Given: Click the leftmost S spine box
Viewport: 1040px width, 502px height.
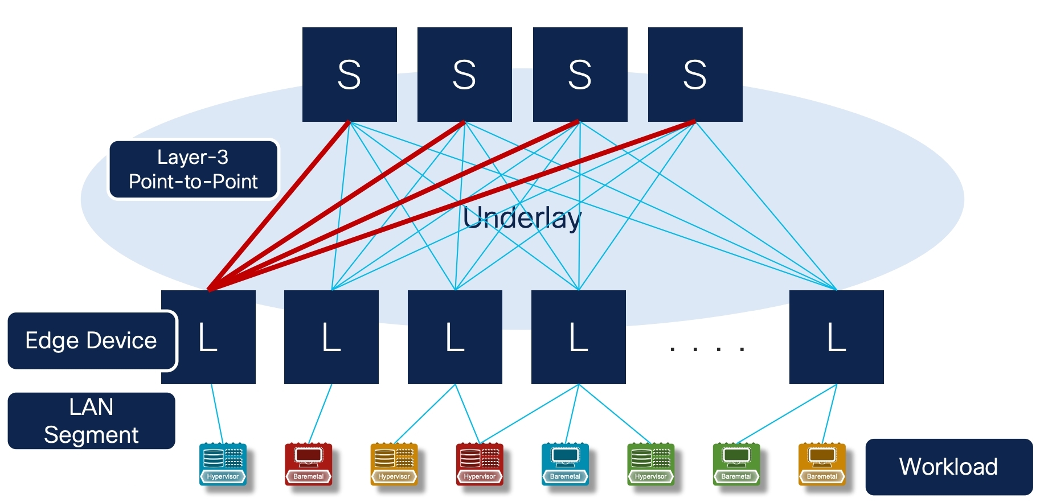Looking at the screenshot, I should pyautogui.click(x=349, y=74).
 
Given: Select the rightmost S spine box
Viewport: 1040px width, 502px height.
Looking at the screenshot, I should pyautogui.click(x=695, y=74).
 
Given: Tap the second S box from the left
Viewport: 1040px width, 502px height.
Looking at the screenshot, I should pyautogui.click(x=464, y=74).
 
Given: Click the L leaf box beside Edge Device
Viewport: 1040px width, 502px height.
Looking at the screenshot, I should pyautogui.click(x=208, y=337).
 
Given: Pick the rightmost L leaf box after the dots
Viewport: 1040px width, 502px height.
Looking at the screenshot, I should pyautogui.click(x=836, y=337).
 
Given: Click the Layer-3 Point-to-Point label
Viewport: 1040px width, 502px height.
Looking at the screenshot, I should pyautogui.click(x=193, y=170).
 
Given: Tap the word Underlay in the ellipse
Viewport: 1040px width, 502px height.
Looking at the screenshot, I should pyautogui.click(x=522, y=217).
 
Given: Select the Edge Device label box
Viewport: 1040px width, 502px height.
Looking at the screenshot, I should pyautogui.click(x=91, y=340).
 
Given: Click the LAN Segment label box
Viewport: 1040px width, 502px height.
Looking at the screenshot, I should pyautogui.click(x=91, y=421).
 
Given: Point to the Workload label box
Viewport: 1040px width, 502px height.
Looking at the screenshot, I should pyautogui.click(x=948, y=467).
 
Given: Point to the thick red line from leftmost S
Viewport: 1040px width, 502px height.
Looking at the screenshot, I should pyautogui.click(x=279, y=205).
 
